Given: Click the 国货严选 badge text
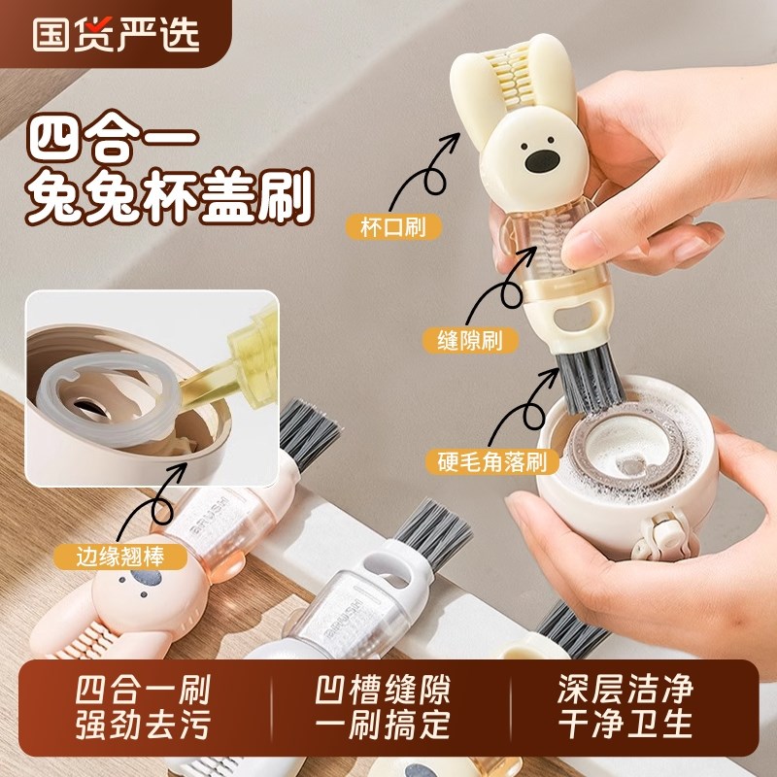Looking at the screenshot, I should pyautogui.click(x=116, y=32).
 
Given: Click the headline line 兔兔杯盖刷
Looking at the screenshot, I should pyautogui.click(x=171, y=199).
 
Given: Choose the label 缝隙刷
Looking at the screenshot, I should pyautogui.click(x=470, y=340).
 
